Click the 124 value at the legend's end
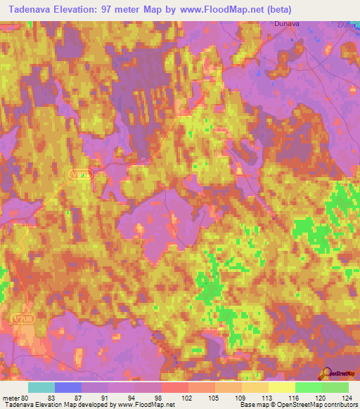[x=346, y=397]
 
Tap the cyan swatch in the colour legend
[x=41, y=387]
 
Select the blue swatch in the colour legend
[x=68, y=387]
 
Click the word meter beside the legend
[x=11, y=397]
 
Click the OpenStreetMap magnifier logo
[x=328, y=373]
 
